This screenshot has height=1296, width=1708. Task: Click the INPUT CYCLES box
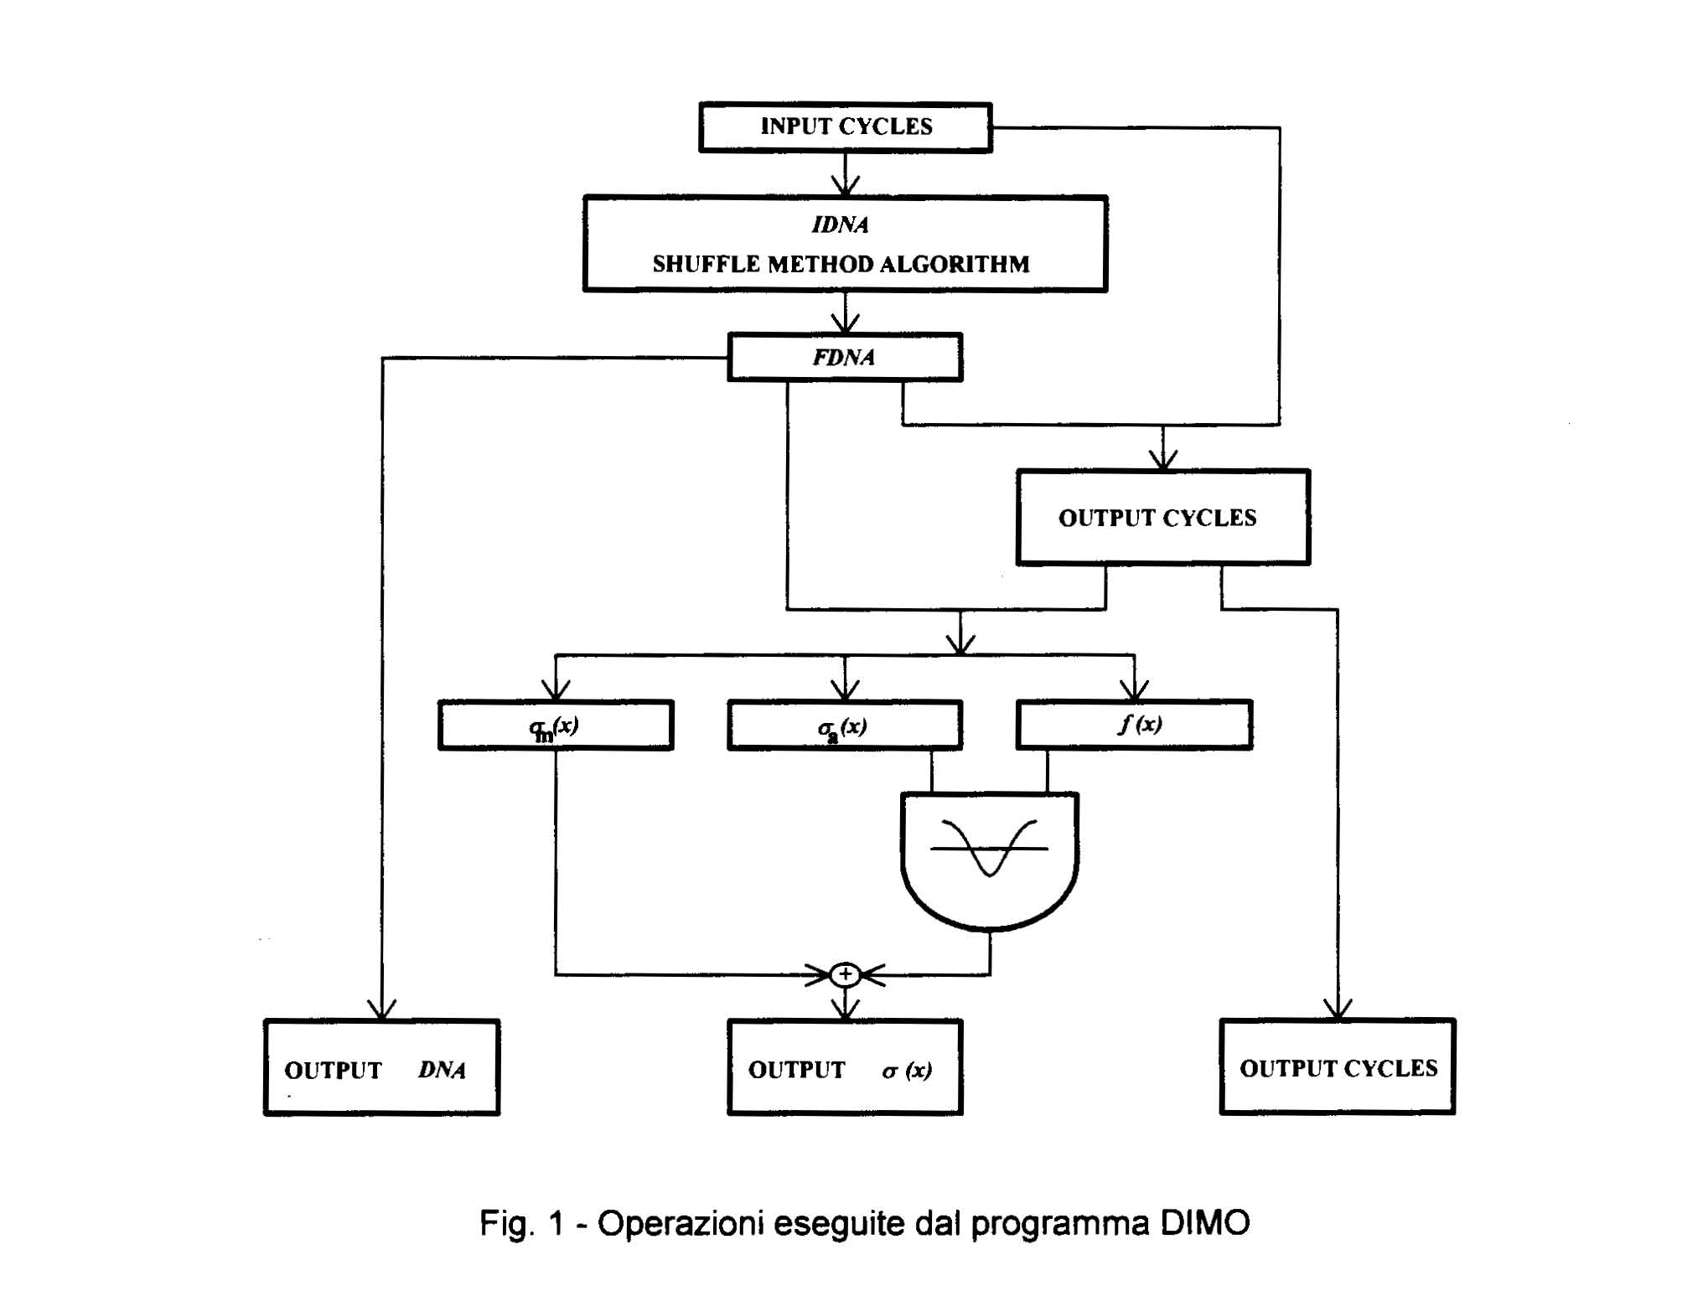845,127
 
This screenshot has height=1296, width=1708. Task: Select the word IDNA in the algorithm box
840,225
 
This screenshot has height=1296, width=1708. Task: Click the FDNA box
844,358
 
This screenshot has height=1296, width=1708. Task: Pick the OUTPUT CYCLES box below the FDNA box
1162,518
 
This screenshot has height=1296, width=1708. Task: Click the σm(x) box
555,725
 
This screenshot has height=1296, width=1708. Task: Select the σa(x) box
844,725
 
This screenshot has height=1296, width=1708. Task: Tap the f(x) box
1134,724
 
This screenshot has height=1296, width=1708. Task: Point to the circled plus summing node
845,974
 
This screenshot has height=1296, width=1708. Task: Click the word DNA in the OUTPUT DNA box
442,1070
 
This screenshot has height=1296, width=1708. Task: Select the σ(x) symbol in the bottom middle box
907,1070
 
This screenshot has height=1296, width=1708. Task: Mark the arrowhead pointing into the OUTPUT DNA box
382,1010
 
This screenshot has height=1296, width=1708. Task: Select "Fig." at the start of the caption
506,1224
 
